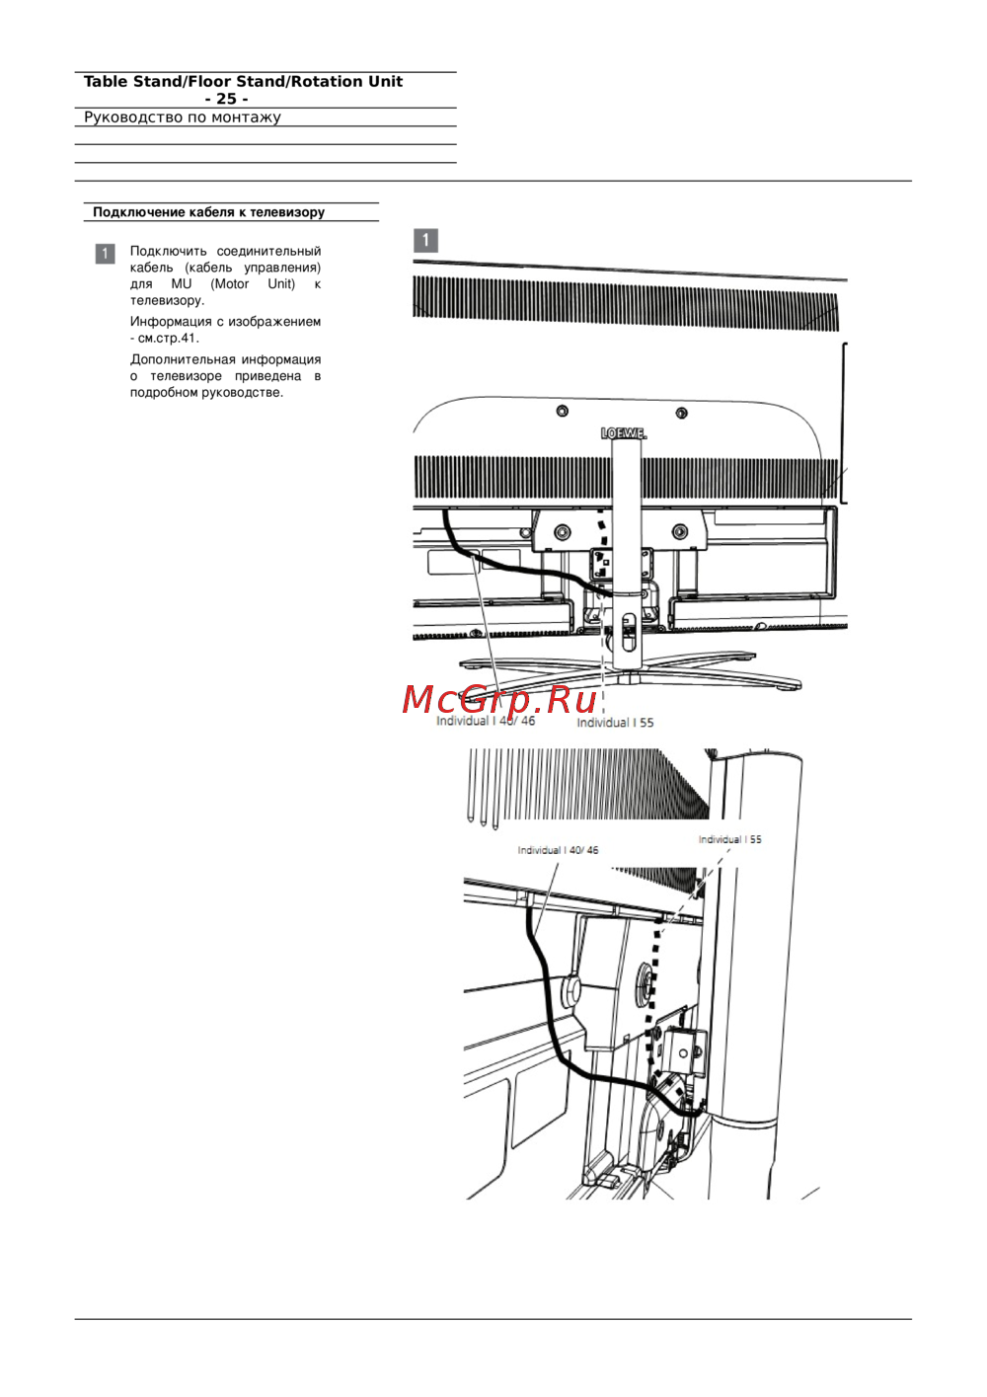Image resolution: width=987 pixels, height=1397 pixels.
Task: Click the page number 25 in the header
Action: tap(226, 99)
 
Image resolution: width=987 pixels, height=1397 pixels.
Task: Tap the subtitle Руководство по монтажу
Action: tap(182, 117)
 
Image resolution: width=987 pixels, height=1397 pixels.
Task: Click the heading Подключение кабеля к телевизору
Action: tap(209, 212)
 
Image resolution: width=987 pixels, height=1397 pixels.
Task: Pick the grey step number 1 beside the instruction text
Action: tap(105, 254)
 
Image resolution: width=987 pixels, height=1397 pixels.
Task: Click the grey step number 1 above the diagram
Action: tap(425, 240)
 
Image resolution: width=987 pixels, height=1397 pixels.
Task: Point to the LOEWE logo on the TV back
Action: tap(624, 432)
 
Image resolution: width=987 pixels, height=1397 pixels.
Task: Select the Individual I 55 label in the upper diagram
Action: tap(615, 723)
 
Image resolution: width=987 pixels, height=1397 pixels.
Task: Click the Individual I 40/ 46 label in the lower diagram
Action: tap(558, 850)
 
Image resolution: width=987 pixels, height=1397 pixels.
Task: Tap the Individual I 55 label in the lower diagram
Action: tap(730, 839)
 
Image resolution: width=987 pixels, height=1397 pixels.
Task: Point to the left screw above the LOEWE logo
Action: tap(562, 411)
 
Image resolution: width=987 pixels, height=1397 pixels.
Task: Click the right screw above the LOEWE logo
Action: tap(681, 413)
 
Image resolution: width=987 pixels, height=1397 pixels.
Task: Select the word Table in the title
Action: tap(106, 82)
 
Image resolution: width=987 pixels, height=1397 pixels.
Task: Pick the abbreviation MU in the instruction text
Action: tap(182, 284)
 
